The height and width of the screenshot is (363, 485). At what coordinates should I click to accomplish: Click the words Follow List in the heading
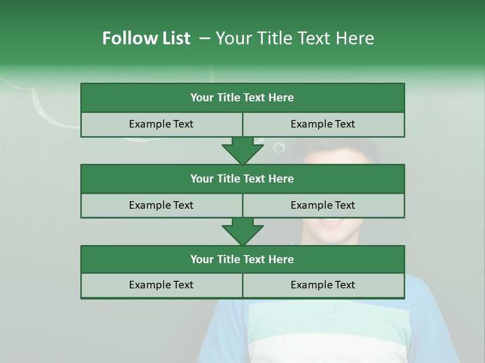[x=146, y=38]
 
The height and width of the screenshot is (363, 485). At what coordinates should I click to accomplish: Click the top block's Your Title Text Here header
[x=242, y=98]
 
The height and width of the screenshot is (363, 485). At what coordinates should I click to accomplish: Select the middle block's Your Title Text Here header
[x=242, y=178]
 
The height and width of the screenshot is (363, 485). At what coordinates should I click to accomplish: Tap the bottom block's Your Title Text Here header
[x=242, y=259]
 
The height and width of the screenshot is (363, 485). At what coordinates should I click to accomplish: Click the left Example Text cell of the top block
[x=161, y=124]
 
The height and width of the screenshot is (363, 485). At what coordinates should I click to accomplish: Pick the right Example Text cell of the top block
[x=323, y=124]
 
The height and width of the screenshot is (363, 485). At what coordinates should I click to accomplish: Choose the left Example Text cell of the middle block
[x=161, y=205]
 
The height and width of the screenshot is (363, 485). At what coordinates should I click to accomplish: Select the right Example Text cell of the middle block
[x=323, y=205]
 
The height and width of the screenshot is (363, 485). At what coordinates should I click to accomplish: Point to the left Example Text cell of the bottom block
[x=161, y=285]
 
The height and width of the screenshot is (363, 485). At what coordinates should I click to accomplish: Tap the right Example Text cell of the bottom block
[x=323, y=285]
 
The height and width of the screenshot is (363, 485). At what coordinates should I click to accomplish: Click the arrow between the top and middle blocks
[x=243, y=151]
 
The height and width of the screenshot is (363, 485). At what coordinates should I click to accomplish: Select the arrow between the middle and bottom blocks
[x=243, y=231]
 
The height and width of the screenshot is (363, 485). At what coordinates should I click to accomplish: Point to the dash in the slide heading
[x=205, y=38]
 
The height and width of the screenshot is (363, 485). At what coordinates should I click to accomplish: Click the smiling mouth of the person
[x=331, y=222]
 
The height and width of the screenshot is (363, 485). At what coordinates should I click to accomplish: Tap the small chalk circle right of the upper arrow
[x=279, y=147]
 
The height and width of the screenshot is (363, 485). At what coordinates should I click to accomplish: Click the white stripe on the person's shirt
[x=328, y=348]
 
